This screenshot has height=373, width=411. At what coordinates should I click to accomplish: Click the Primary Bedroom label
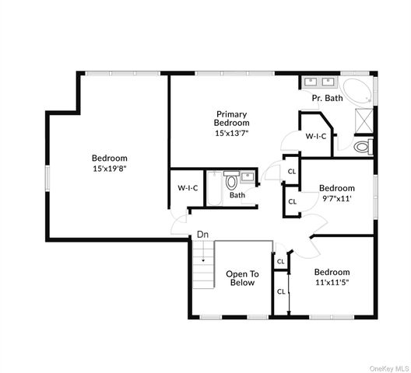point(232,118)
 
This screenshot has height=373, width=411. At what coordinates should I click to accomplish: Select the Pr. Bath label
point(328,98)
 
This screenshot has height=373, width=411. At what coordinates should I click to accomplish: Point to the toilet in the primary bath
point(364,146)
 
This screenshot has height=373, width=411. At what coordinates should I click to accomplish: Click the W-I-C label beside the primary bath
point(315,136)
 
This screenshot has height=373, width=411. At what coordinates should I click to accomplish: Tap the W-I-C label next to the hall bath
point(187,187)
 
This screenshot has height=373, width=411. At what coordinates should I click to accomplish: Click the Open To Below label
point(242,278)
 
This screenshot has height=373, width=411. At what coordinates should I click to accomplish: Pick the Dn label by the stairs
point(202,234)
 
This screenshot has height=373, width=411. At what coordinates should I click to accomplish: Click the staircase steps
point(203,264)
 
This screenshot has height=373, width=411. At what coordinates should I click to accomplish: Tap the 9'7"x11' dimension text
point(336,198)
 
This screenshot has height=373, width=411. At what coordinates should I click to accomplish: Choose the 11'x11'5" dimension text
point(332,282)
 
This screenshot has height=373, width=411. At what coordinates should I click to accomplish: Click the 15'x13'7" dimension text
point(232,133)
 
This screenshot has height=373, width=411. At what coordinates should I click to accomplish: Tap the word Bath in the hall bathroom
point(237,195)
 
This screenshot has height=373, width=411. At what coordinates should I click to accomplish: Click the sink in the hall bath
point(244,175)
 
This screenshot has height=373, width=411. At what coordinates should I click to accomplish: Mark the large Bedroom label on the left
point(109,159)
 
